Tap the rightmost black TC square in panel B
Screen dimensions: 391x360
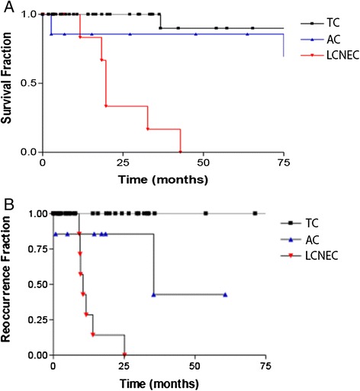click(x=256, y=213)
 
